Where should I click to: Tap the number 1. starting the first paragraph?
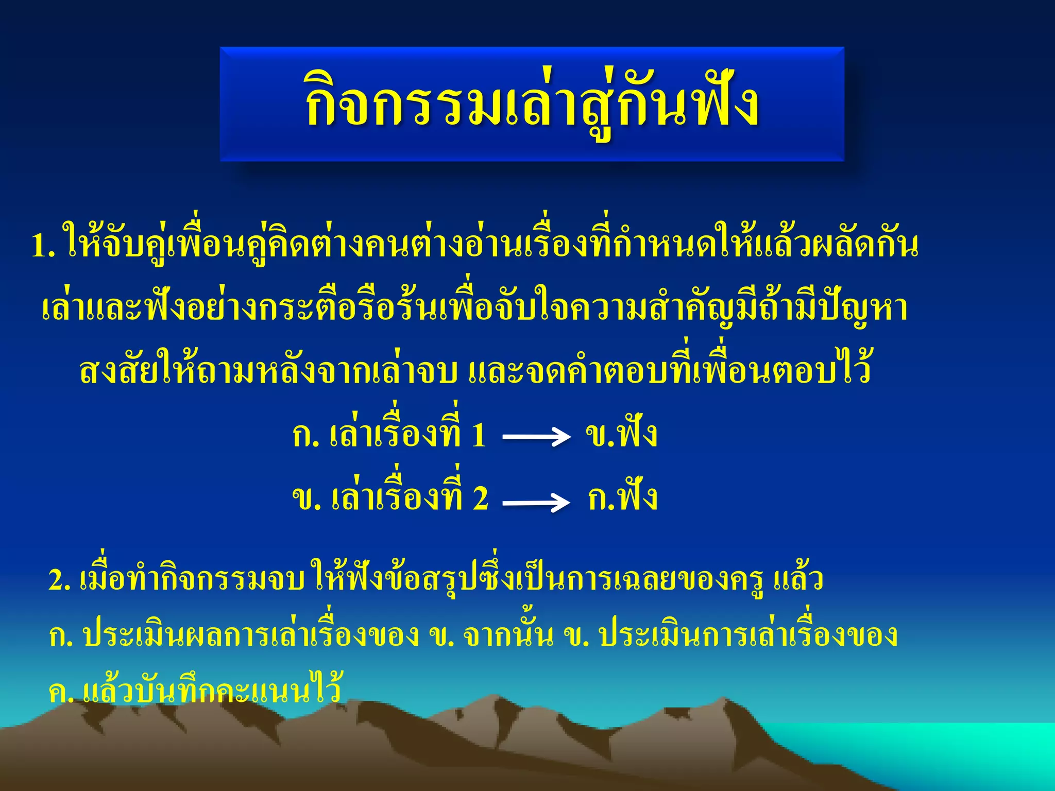(43, 246)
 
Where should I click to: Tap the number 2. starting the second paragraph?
(59, 580)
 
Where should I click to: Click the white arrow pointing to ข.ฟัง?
(536, 437)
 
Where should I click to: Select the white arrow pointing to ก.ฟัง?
(536, 502)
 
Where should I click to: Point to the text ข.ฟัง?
(621, 434)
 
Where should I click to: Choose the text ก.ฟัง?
(622, 497)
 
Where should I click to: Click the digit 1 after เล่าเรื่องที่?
(479, 435)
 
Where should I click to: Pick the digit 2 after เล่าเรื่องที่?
(480, 498)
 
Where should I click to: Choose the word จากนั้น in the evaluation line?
(508, 636)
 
